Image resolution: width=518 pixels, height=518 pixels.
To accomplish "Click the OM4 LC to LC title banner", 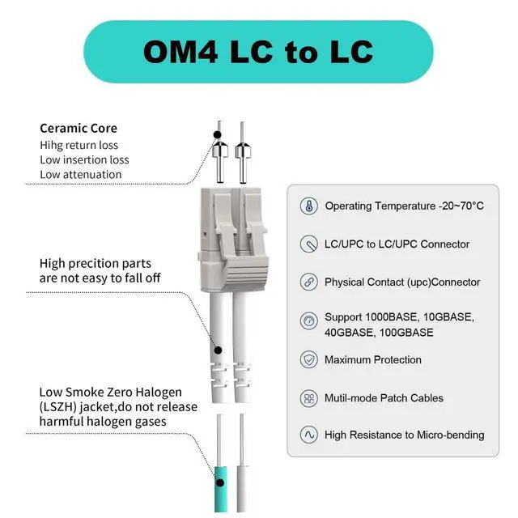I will coord(258,51).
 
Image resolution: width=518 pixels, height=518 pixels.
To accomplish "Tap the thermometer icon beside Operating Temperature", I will coord(308,206).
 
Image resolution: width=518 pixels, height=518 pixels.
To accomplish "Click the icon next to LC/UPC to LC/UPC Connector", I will coord(308,244).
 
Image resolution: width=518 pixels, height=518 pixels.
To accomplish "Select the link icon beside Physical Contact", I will coord(308,282).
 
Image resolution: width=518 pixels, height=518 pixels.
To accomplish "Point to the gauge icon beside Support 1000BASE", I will coord(308,321).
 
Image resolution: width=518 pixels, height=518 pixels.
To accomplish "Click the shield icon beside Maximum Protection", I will coord(308,359).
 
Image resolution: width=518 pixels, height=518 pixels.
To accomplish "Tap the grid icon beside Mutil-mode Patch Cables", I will coord(308,397).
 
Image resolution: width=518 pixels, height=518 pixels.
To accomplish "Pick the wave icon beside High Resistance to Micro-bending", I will coord(308,435).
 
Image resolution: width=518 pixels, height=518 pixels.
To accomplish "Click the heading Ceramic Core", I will coord(79,128).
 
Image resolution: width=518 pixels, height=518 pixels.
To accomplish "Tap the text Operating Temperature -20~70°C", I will coord(404,206).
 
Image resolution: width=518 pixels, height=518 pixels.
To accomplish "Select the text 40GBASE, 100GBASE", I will coord(379,333).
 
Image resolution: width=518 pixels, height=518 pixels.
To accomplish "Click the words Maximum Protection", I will coord(373,359).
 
